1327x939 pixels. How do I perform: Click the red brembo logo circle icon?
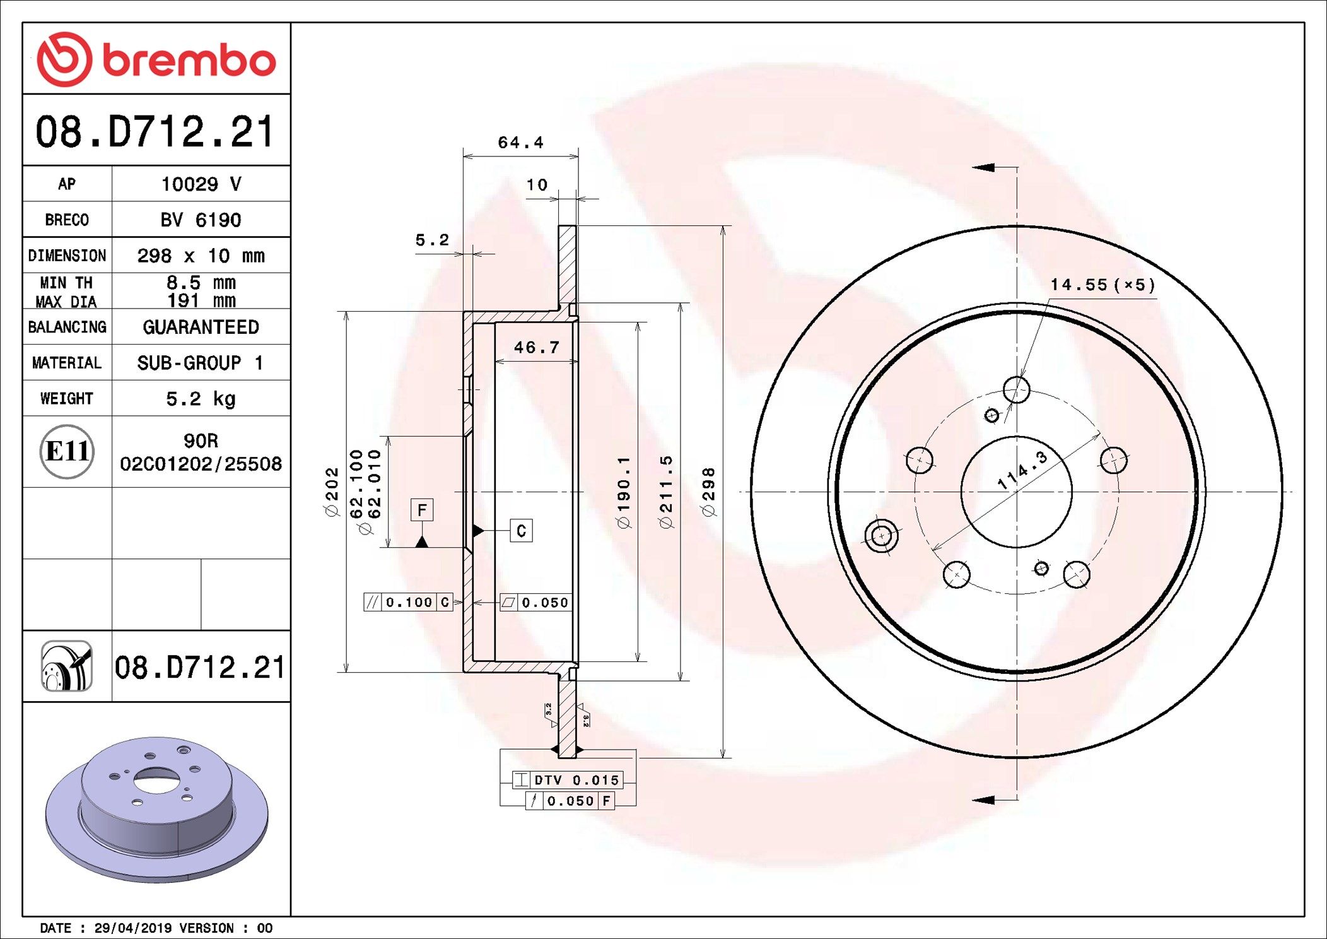tap(64, 59)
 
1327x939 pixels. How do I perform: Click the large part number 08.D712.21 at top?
tap(155, 132)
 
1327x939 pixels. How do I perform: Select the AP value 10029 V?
tap(201, 184)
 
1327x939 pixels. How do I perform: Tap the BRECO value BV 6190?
tap(201, 220)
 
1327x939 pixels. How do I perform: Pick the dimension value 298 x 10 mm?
tap(201, 256)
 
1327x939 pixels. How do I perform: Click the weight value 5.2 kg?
tap(201, 399)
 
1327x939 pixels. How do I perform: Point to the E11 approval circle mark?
tap(67, 452)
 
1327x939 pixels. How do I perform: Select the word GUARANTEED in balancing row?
tap(201, 327)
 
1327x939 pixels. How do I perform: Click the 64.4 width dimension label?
tap(520, 143)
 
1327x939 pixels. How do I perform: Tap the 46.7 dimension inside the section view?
tap(536, 348)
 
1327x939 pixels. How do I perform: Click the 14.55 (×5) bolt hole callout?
tap(1102, 285)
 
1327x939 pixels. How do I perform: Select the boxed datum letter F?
tap(422, 509)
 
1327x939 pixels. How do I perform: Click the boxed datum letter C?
tap(521, 531)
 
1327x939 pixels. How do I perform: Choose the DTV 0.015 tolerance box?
tap(568, 780)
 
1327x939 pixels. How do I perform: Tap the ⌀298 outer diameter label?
tap(709, 492)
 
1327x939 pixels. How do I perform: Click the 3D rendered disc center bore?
tap(156, 780)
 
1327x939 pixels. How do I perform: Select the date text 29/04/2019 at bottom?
tap(132, 928)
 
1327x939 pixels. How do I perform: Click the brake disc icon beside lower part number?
tap(67, 666)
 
